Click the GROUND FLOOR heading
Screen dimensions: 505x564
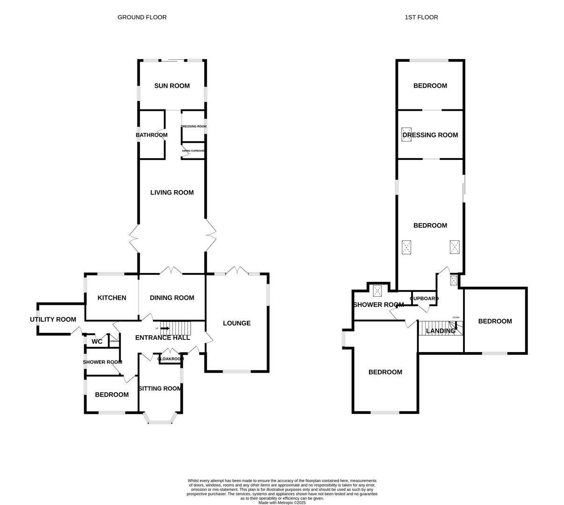click(x=142, y=17)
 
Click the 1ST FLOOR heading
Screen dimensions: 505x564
click(x=421, y=17)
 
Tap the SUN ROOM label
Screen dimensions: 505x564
click(x=172, y=86)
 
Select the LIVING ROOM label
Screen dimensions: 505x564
click(x=172, y=192)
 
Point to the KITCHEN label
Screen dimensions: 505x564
click(x=112, y=298)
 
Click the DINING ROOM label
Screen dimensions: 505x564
click(x=172, y=298)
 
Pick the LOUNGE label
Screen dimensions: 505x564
click(x=237, y=323)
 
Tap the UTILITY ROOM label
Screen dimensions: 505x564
click(x=53, y=319)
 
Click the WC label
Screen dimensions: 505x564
click(x=97, y=342)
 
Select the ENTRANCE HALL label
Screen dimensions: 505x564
click(x=162, y=338)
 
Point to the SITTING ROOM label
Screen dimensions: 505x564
click(x=160, y=389)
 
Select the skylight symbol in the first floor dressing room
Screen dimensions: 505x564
click(x=406, y=134)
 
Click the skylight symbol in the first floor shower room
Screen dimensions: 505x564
click(x=377, y=291)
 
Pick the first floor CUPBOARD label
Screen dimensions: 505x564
click(x=424, y=298)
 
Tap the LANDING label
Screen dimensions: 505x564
click(x=441, y=331)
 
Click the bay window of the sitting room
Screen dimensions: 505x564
click(x=160, y=419)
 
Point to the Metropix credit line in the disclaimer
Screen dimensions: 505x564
click(x=282, y=503)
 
